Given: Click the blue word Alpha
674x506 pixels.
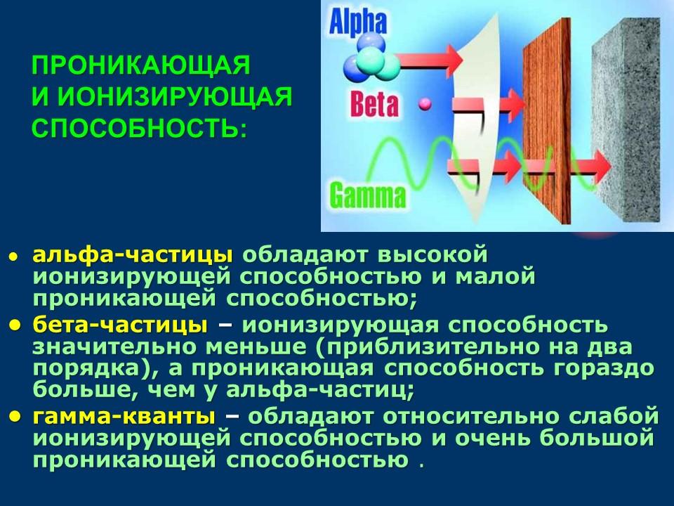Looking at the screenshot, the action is click(x=357, y=22).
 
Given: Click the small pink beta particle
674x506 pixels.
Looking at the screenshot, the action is click(x=425, y=103).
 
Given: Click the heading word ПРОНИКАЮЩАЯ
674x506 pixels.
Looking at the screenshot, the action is click(x=140, y=65).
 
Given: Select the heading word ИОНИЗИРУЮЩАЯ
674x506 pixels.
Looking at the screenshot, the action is click(x=175, y=96).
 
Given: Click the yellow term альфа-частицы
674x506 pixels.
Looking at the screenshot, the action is click(x=133, y=255).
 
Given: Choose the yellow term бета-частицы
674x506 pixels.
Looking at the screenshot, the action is click(x=120, y=325).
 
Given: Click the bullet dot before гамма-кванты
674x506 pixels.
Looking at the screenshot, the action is click(x=15, y=415).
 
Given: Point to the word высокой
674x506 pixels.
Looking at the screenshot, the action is click(x=432, y=255).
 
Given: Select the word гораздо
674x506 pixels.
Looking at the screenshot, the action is click(x=603, y=369).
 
